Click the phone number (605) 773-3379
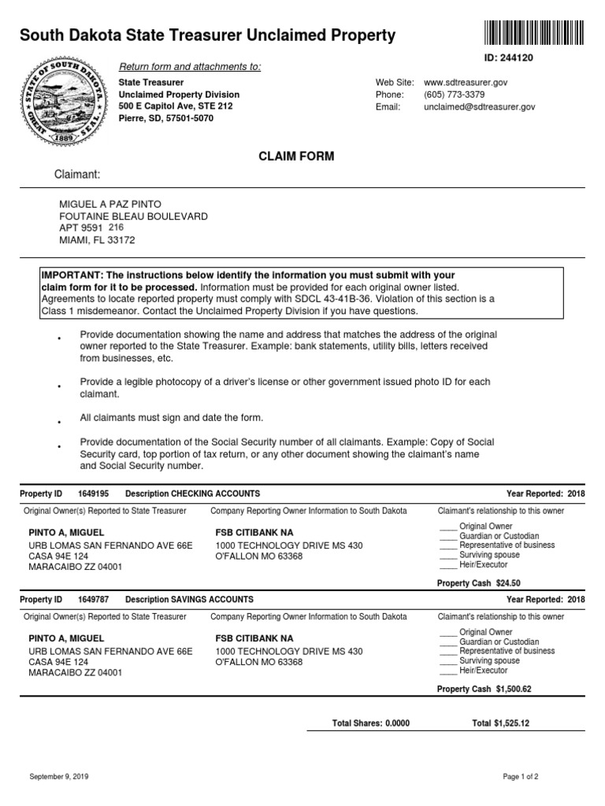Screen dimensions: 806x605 click(458, 94)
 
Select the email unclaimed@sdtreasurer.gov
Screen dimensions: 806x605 click(479, 107)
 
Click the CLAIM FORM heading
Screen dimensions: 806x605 click(296, 157)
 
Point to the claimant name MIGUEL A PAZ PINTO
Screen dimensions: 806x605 click(110, 204)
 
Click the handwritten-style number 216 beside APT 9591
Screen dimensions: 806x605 click(117, 227)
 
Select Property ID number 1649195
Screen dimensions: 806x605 click(94, 494)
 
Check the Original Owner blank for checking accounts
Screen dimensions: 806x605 click(447, 527)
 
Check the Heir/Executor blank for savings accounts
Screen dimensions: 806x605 click(447, 671)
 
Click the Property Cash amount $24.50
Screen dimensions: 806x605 click(508, 583)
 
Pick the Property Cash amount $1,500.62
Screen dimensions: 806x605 click(514, 690)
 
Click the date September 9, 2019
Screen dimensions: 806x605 click(59, 777)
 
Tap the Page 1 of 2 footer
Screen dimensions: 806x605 click(521, 777)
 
